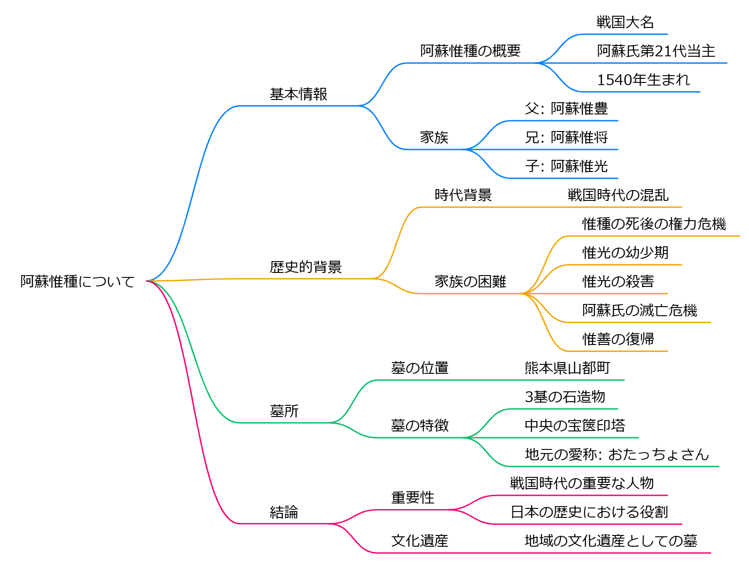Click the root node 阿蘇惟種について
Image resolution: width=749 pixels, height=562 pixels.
click(78, 281)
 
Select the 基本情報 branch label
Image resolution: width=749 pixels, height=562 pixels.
click(298, 94)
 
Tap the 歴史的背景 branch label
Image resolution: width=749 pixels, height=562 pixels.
click(306, 267)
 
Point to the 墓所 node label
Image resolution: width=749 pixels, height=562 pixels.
click(284, 411)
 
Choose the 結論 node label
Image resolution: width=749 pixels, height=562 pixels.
click(284, 512)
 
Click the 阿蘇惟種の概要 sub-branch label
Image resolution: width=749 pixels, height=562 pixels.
click(470, 51)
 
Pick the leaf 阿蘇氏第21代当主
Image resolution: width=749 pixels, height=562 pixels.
click(656, 51)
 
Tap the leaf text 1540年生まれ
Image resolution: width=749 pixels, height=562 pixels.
click(644, 80)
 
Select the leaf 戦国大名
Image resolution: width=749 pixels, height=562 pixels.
click(625, 22)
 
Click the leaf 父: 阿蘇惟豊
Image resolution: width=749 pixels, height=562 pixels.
click(566, 109)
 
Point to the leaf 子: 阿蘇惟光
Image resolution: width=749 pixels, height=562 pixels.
click(566, 166)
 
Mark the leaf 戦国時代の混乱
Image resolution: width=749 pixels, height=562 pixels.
click(618, 195)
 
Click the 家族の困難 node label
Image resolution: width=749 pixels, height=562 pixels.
click(470, 281)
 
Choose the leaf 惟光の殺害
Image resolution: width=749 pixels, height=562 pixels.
click(618, 281)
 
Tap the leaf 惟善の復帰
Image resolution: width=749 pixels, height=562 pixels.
click(618, 339)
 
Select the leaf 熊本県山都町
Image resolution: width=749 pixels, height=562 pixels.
click(567, 368)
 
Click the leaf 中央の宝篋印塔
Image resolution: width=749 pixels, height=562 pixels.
click(575, 426)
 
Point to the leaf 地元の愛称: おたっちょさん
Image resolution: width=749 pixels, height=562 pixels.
click(617, 454)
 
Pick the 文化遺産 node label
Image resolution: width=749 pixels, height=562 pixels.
click(420, 541)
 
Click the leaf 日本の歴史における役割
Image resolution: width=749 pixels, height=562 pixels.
click(589, 512)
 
